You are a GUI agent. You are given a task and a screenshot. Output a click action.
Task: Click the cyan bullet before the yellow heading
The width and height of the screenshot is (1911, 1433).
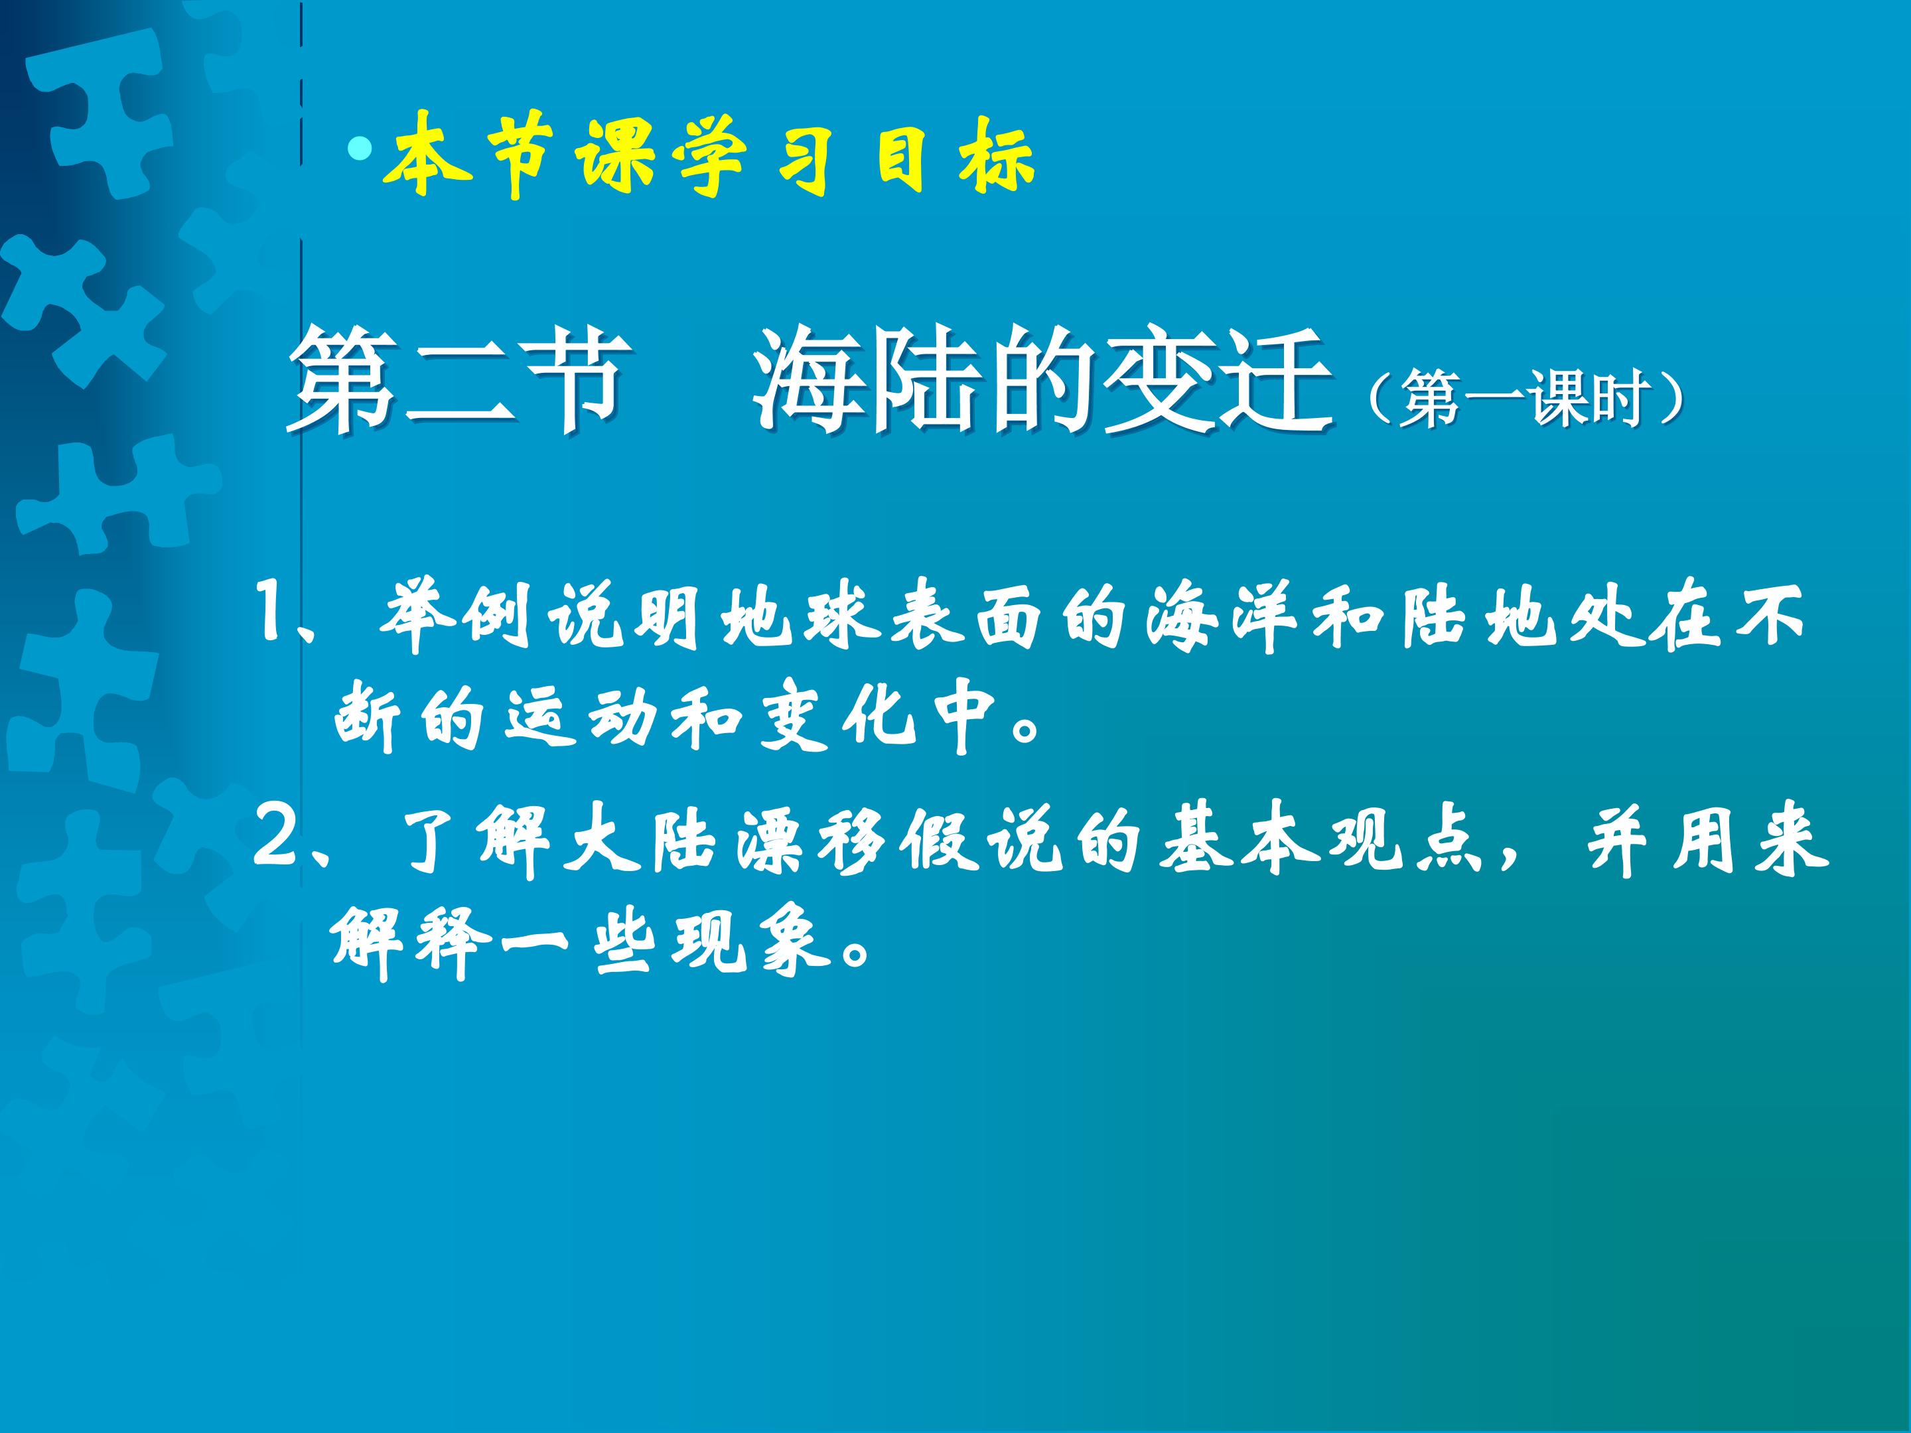[x=360, y=149]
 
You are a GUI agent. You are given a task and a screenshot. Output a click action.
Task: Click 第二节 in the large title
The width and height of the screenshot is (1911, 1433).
[x=458, y=380]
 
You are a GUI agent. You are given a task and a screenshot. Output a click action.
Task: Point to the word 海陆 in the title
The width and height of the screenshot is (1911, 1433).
[x=873, y=380]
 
